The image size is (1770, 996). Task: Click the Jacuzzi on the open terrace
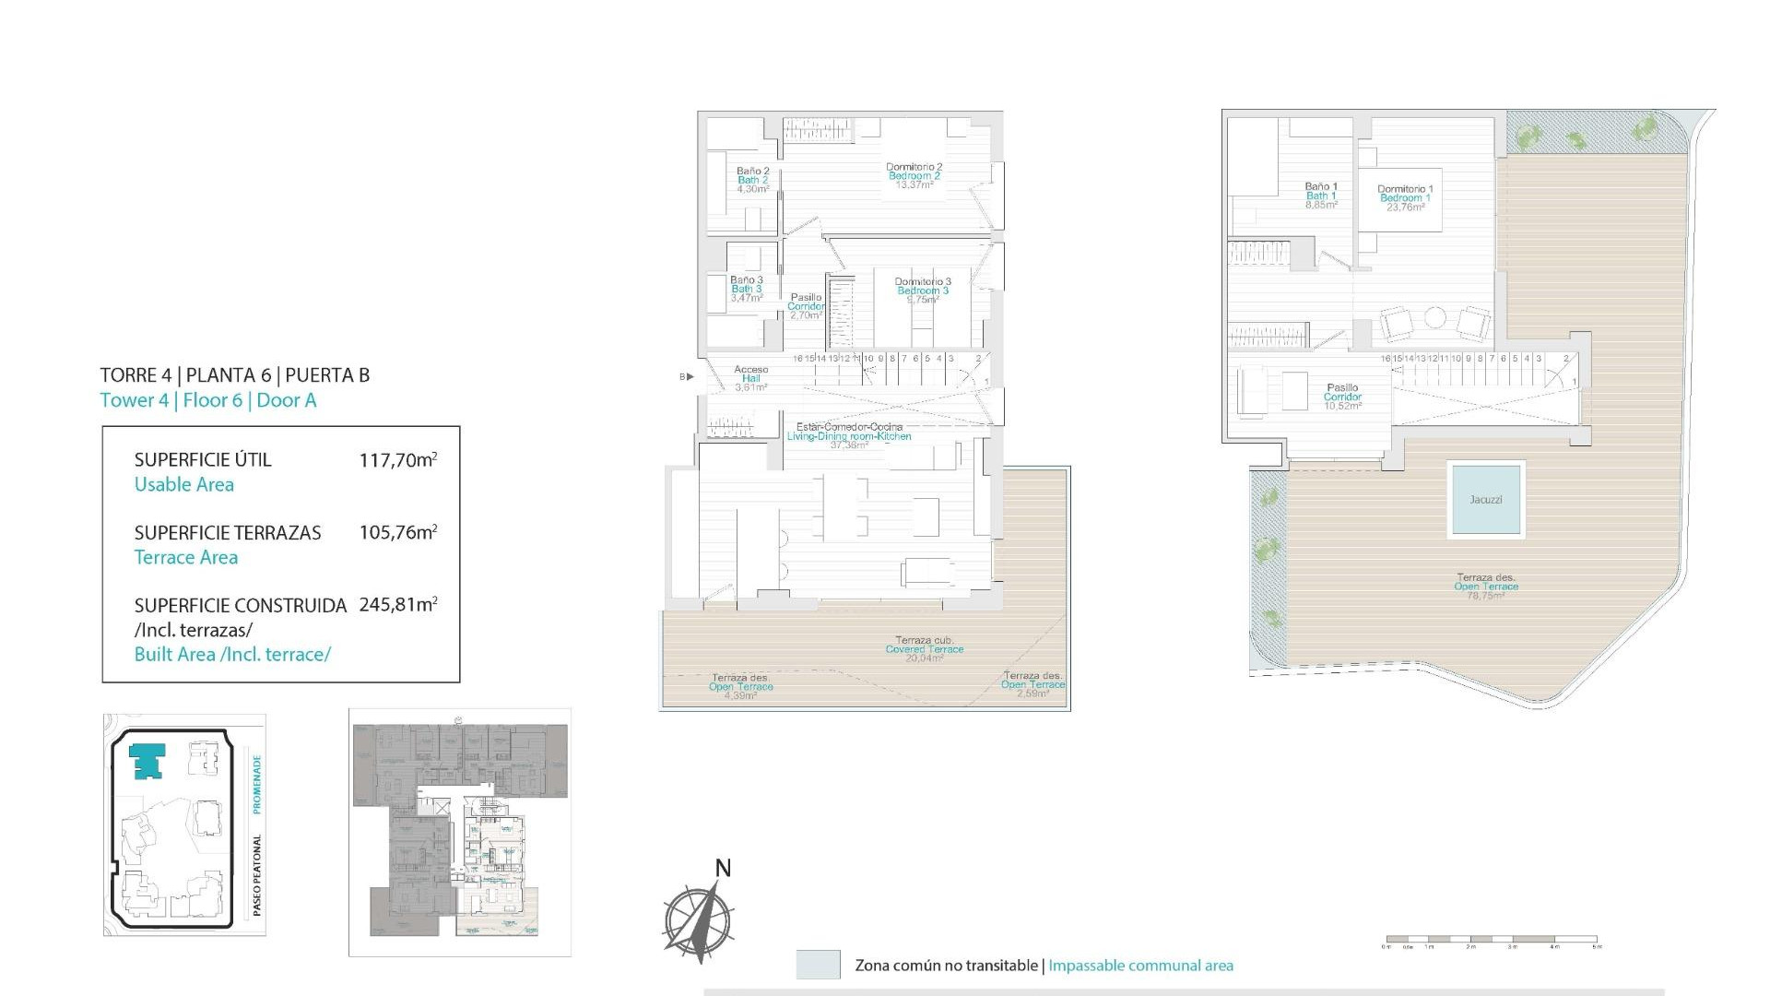[x=1485, y=499]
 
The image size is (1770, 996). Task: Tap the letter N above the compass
[x=723, y=868]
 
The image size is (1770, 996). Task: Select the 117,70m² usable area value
[x=397, y=459]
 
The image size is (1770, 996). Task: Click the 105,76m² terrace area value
[x=397, y=532]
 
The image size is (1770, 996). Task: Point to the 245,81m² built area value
[x=397, y=605]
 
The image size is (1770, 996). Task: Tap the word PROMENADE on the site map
[x=257, y=784]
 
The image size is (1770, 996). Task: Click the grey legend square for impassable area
[x=818, y=965]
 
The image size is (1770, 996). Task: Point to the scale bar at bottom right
[x=1492, y=941]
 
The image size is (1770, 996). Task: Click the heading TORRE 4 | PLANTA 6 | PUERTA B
[x=234, y=375]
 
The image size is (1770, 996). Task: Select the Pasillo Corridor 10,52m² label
[x=1342, y=397]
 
